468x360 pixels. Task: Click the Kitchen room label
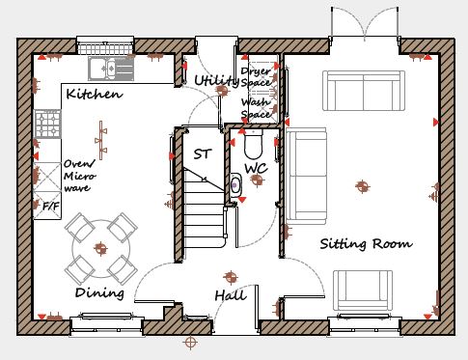(x=95, y=94)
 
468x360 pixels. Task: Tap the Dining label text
(x=99, y=292)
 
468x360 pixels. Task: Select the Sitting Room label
(x=367, y=243)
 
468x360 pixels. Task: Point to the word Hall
(x=231, y=295)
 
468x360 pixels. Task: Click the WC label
(x=256, y=168)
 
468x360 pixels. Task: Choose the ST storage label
(x=203, y=154)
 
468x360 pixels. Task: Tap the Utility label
(x=216, y=80)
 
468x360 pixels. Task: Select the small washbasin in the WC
(x=235, y=185)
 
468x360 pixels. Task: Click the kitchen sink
(x=111, y=69)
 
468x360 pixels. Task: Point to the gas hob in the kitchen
(x=48, y=124)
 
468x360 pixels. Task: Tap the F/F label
(x=51, y=206)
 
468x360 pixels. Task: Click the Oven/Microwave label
(x=80, y=176)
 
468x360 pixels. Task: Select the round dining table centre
(x=101, y=248)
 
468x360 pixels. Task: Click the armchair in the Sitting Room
(x=363, y=291)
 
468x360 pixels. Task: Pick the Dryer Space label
(x=256, y=76)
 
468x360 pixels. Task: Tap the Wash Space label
(x=256, y=108)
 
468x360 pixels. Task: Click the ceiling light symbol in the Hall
(x=231, y=277)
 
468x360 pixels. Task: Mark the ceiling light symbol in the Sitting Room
(x=363, y=186)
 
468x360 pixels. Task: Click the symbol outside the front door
(x=190, y=343)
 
